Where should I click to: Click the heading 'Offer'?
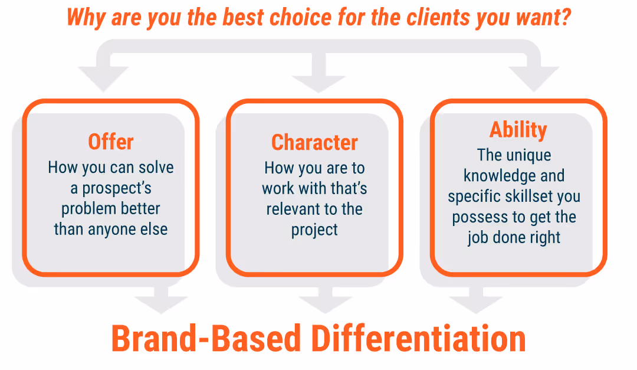[x=111, y=142]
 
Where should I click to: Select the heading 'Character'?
[x=314, y=143]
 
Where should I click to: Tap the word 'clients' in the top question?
[x=438, y=17]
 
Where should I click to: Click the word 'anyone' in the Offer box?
[x=111, y=230]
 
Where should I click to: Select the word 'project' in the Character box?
[x=314, y=230]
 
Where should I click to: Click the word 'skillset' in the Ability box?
[x=541, y=197]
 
